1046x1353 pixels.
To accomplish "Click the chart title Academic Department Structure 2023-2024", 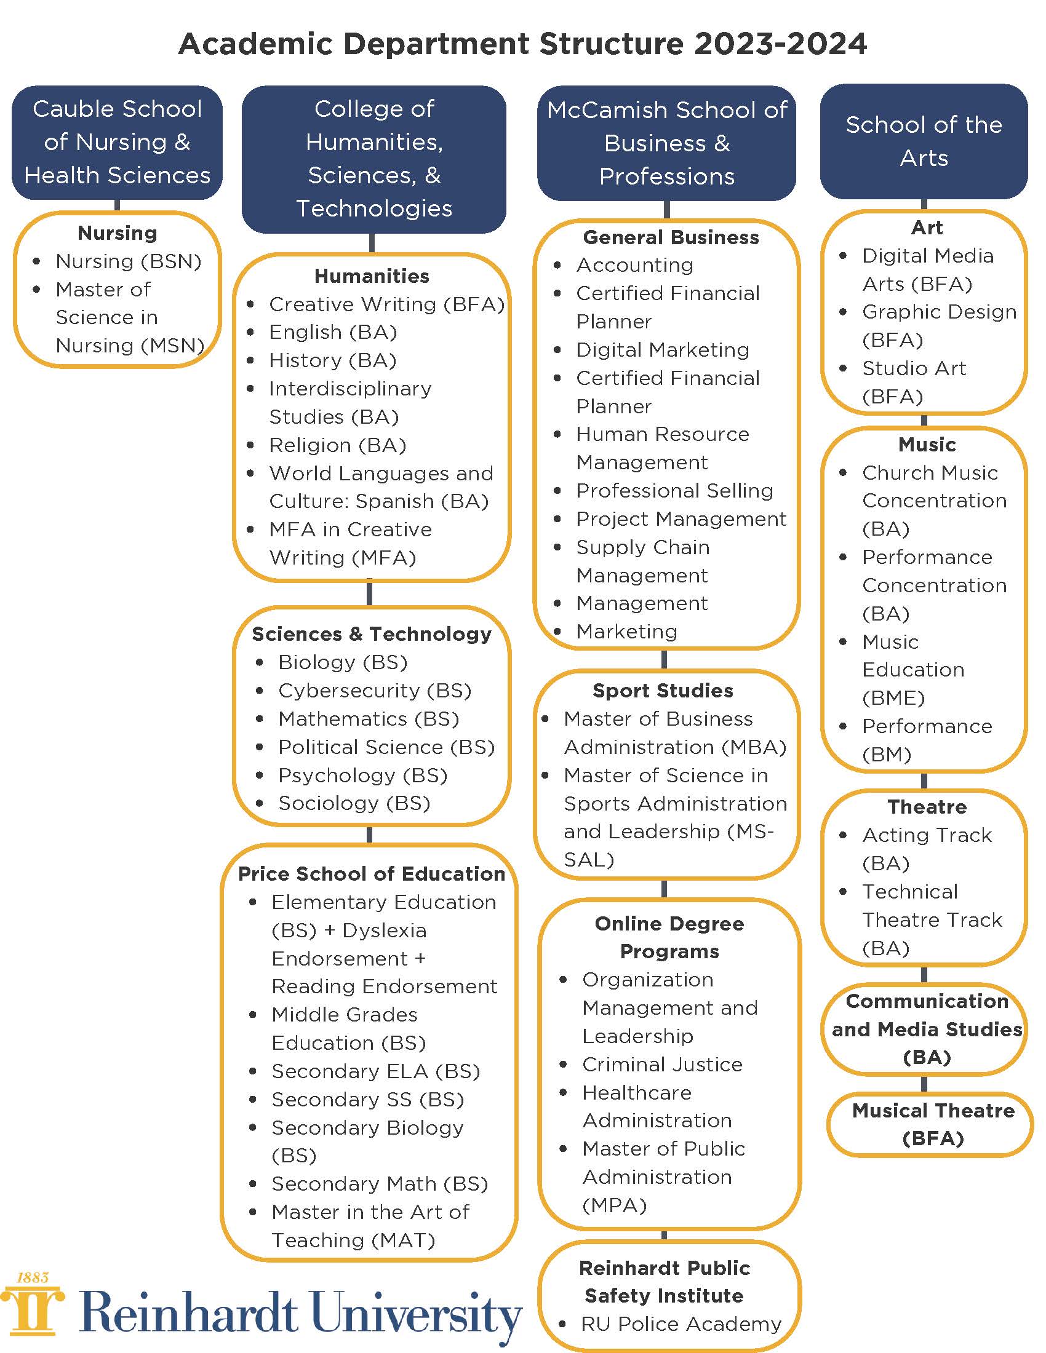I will click(522, 44).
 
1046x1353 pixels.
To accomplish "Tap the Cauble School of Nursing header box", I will click(117, 142).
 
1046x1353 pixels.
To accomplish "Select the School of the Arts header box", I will click(924, 141).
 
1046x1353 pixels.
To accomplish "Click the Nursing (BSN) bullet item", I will click(128, 261).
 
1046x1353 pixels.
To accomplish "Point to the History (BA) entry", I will click(332, 360).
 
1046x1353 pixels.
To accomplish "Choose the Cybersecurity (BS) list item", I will click(374, 691).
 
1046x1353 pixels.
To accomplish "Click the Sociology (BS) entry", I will click(354, 804).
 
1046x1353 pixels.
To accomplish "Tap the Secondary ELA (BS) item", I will click(375, 1071).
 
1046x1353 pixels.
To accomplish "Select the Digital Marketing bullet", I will click(663, 350).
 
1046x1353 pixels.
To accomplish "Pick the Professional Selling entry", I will click(674, 491).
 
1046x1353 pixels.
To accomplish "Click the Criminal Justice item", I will click(662, 1065).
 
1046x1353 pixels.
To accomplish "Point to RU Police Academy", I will click(681, 1324).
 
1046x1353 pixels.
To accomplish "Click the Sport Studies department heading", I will click(663, 691).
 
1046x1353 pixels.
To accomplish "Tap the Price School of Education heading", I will click(371, 874).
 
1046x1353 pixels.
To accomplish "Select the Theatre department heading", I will click(927, 807).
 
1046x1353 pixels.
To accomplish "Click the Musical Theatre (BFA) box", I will click(933, 1124).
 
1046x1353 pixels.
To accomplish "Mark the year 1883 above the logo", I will click(32, 1277).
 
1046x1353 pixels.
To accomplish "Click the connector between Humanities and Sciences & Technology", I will click(370, 593).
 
